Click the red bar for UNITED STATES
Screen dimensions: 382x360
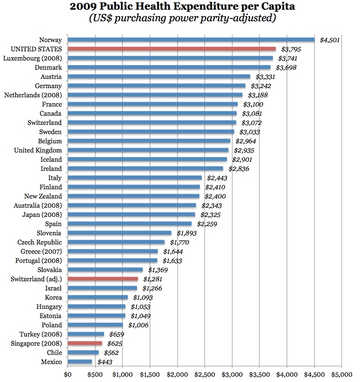171,49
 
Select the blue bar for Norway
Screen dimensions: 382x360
191,40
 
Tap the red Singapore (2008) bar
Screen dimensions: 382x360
85,343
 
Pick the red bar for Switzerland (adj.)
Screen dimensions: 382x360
103,279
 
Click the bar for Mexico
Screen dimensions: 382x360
80,361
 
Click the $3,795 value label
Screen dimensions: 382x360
290,49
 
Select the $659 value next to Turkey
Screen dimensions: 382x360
115,334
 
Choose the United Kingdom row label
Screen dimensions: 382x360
38,151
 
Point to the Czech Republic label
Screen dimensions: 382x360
40,242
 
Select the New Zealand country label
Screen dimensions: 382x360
43,196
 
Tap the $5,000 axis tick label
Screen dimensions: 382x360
342,374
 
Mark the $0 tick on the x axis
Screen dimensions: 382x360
68,374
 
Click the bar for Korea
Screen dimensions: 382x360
98,297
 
